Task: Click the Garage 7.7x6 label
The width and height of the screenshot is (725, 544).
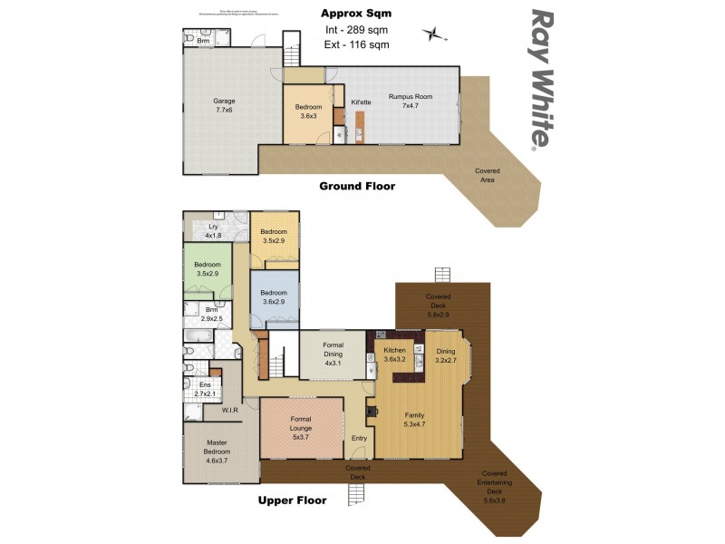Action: point(223,105)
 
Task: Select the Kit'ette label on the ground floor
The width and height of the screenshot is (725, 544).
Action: point(361,102)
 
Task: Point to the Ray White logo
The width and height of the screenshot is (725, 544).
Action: point(540,78)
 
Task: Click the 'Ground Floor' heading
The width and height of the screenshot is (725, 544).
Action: point(356,186)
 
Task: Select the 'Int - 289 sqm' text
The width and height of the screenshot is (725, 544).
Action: point(356,30)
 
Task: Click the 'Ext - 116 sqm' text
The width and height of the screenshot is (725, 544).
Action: point(356,44)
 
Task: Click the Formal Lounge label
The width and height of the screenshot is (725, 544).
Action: point(302,428)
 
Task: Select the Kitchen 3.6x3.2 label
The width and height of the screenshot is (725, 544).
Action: point(394,355)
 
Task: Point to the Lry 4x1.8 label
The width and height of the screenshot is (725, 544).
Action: point(214,231)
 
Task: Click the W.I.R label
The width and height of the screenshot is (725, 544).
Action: point(229,411)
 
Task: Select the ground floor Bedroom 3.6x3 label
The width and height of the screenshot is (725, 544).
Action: point(308,112)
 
